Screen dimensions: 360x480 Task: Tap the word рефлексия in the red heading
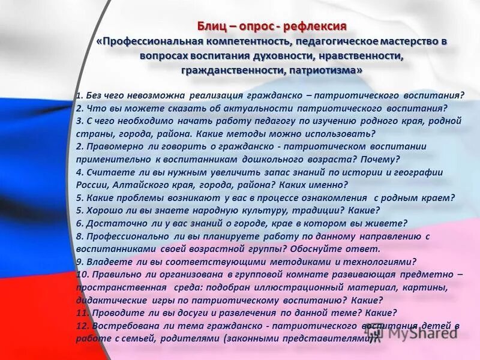(x=317, y=26)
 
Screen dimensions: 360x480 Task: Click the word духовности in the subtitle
(x=281, y=56)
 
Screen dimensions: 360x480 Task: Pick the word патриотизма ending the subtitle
(x=325, y=70)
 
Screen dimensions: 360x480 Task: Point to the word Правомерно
(x=115, y=146)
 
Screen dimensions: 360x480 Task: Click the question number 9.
(x=79, y=262)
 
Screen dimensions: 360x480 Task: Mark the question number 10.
(x=82, y=274)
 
